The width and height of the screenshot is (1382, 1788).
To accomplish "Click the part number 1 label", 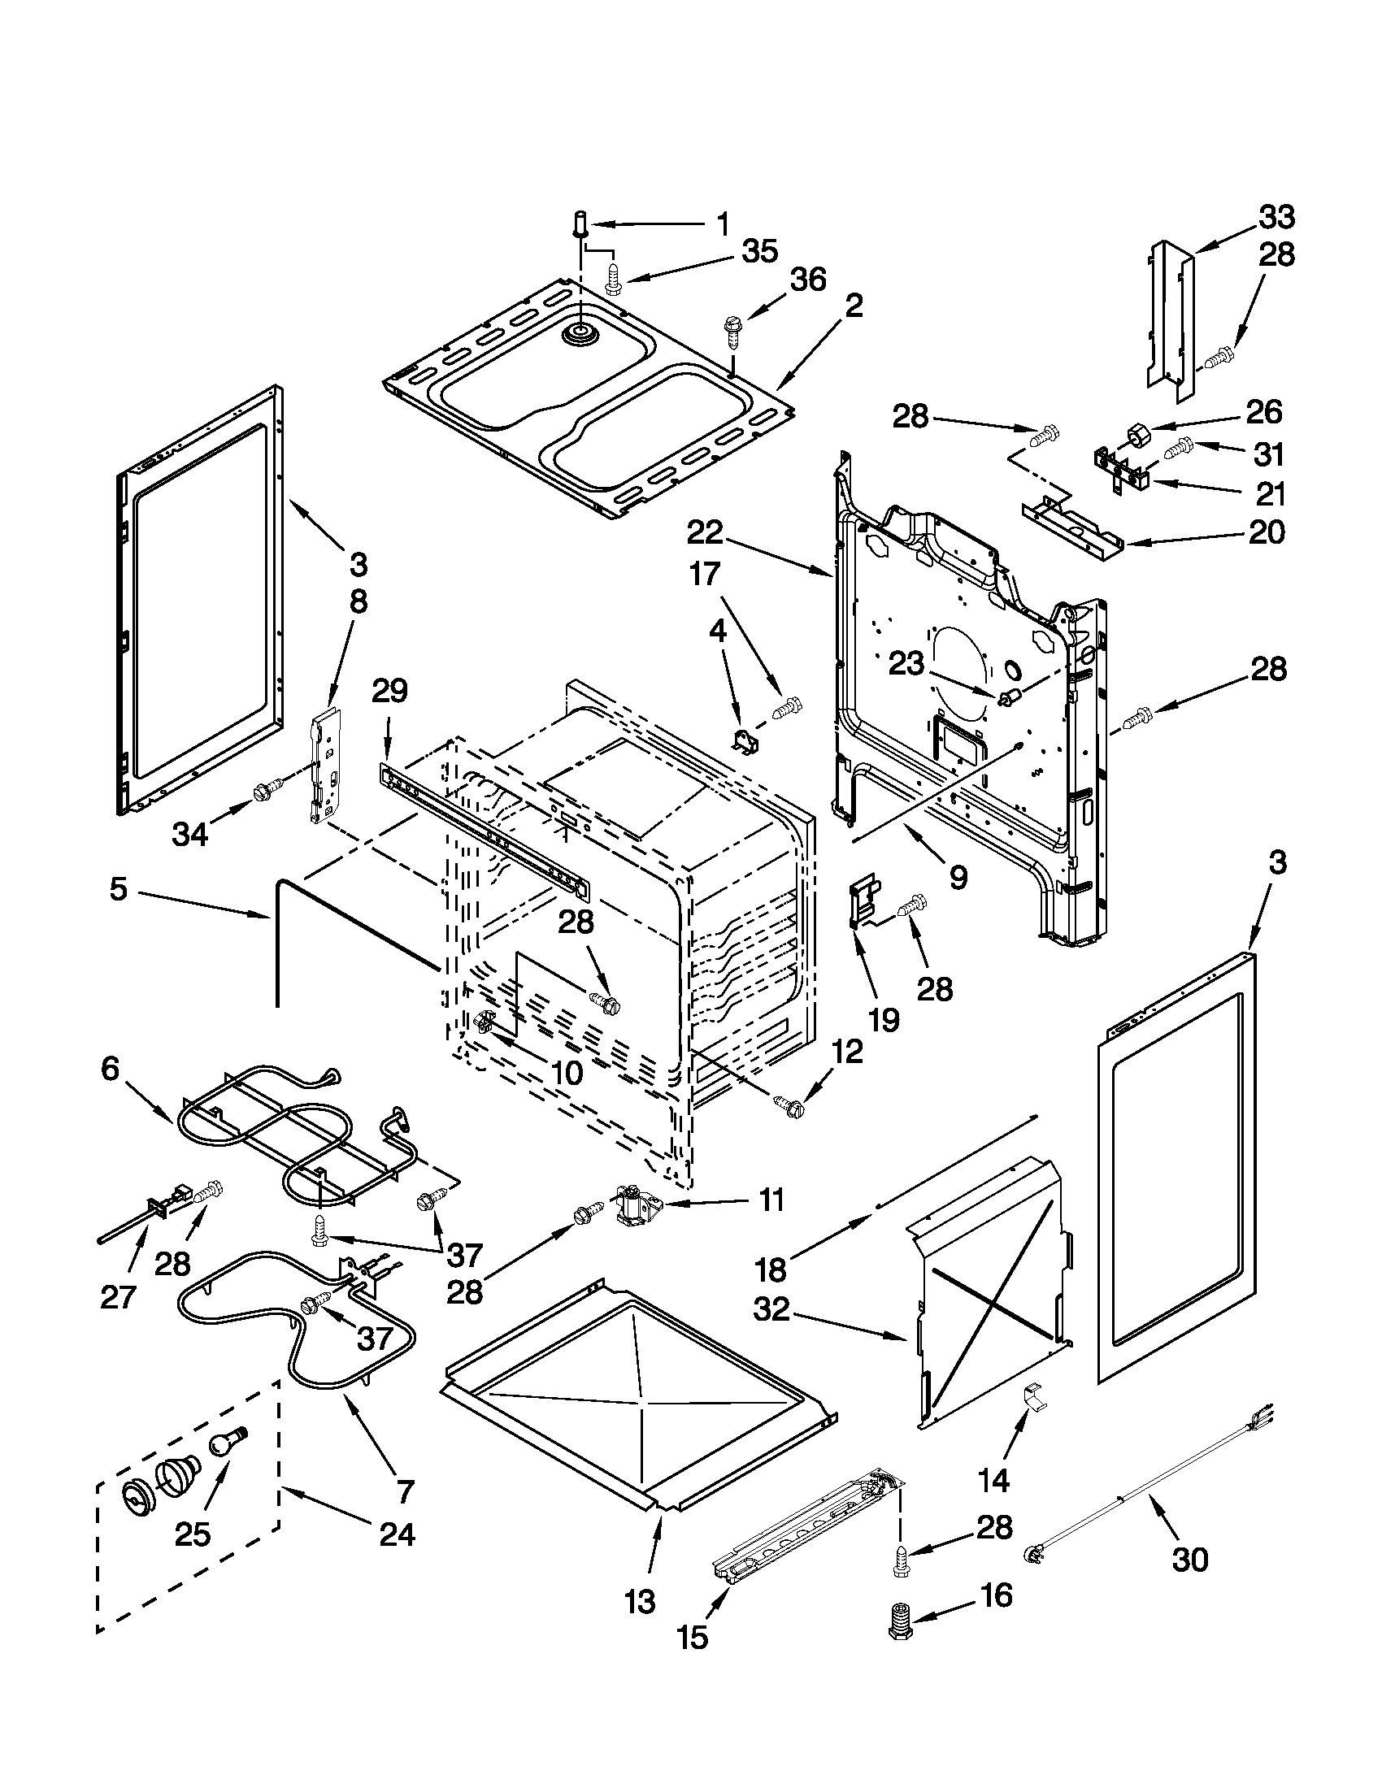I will click(722, 223).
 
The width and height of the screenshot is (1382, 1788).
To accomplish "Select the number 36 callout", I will click(807, 280).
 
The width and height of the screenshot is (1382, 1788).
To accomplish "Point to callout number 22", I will click(705, 533).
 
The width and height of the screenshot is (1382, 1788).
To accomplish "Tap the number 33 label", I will click(1276, 218).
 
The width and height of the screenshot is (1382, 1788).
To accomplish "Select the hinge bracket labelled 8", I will click(326, 767).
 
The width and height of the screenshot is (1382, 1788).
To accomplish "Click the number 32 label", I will click(772, 1309).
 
